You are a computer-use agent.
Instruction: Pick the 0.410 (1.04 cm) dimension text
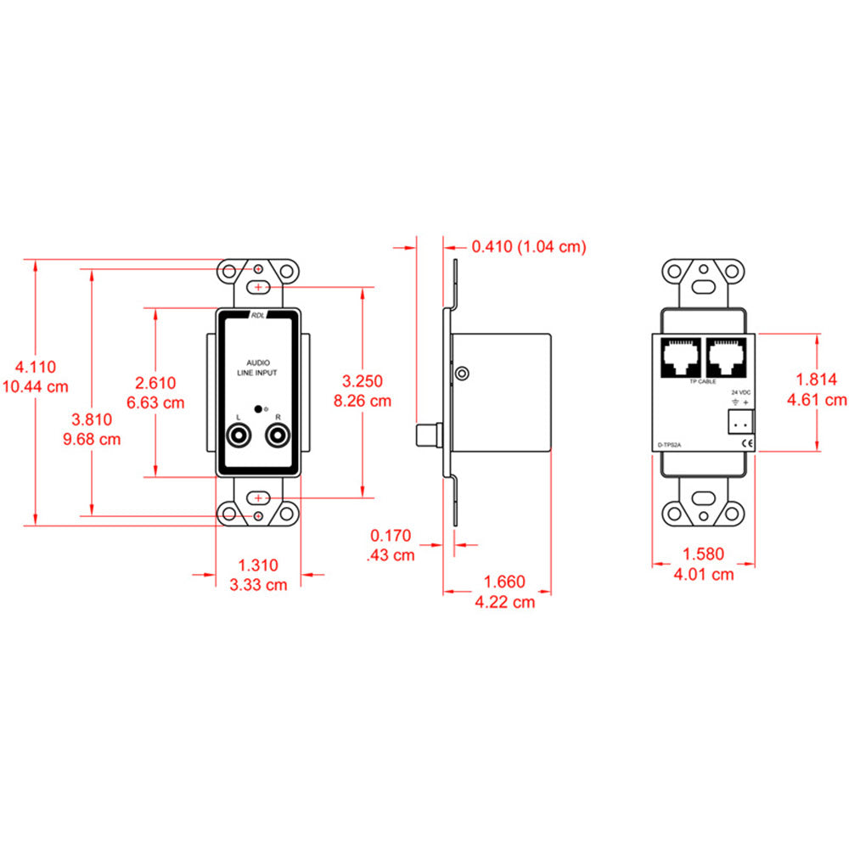click(529, 247)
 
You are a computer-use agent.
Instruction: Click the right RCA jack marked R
click(278, 437)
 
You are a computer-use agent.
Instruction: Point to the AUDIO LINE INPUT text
click(257, 367)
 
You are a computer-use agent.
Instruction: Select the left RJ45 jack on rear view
click(681, 357)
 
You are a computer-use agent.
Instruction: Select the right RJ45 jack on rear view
click(723, 357)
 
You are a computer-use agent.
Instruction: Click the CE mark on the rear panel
click(745, 443)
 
